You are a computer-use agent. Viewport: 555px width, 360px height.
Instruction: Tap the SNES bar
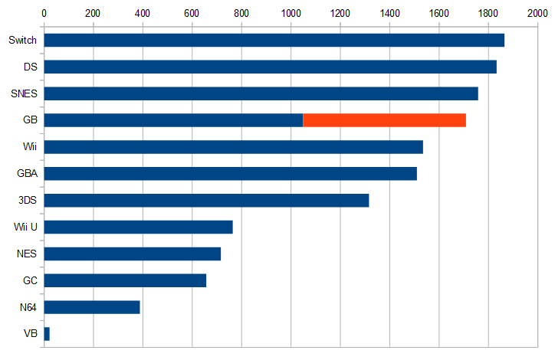coord(261,93)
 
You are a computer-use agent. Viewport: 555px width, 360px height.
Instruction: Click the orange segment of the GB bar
coord(384,120)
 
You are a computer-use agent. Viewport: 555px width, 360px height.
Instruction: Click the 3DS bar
coord(206,200)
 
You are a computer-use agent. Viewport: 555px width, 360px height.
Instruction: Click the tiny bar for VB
coord(47,334)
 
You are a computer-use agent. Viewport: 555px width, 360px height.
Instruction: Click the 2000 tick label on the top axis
coord(537,13)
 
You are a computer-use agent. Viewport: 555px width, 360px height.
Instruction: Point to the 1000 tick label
coord(291,13)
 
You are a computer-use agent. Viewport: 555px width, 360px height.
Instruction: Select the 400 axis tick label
coord(143,13)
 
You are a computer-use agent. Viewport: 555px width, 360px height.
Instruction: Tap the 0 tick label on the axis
coord(44,13)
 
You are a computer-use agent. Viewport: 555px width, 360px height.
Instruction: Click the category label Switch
coord(22,41)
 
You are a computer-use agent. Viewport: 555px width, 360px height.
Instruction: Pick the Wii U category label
coord(25,227)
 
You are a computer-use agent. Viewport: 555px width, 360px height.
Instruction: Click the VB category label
coord(31,334)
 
